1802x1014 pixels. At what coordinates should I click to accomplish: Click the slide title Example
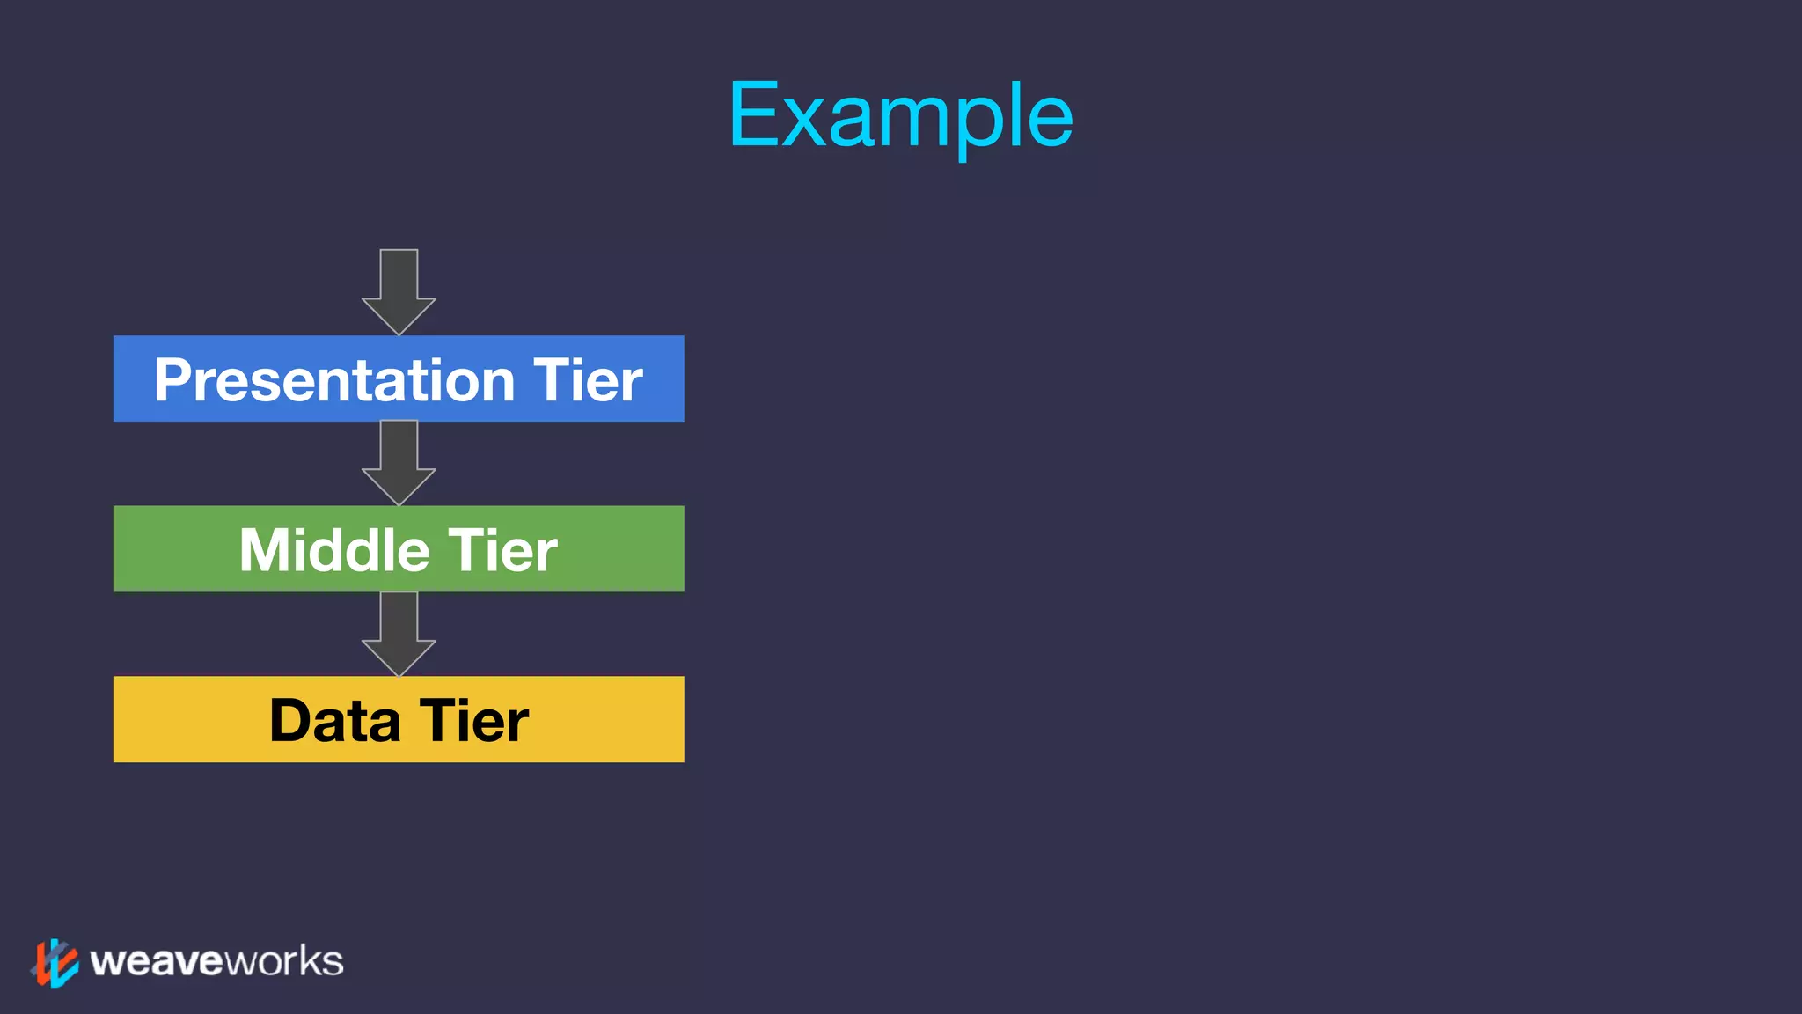pyautogui.click(x=900, y=115)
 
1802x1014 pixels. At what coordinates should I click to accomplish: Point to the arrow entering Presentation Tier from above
pyautogui.click(x=399, y=290)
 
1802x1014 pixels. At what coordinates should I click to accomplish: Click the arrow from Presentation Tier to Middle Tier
pyautogui.click(x=399, y=461)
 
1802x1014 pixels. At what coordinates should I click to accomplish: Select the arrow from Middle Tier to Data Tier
pyautogui.click(x=399, y=632)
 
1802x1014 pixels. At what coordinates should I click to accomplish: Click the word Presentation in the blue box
pyautogui.click(x=334, y=380)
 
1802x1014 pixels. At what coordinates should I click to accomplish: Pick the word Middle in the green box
pyautogui.click(x=334, y=550)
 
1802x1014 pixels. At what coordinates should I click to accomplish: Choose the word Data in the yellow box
pyautogui.click(x=334, y=721)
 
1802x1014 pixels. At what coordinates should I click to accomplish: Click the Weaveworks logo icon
pyautogui.click(x=55, y=962)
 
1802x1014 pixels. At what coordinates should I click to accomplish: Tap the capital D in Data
pyautogui.click(x=290, y=721)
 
